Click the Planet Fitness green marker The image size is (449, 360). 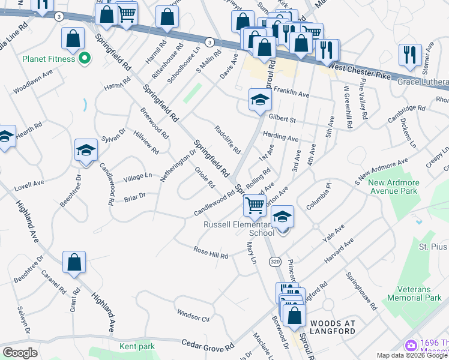coord(85,59)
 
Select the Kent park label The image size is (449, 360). coord(137,346)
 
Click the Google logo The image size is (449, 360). coord(20,353)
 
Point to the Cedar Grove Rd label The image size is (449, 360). coord(208,344)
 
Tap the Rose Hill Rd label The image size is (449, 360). coord(211,253)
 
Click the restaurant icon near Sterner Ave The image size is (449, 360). coord(410,53)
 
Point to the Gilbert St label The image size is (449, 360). coord(283,119)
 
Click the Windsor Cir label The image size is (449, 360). coord(193,314)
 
